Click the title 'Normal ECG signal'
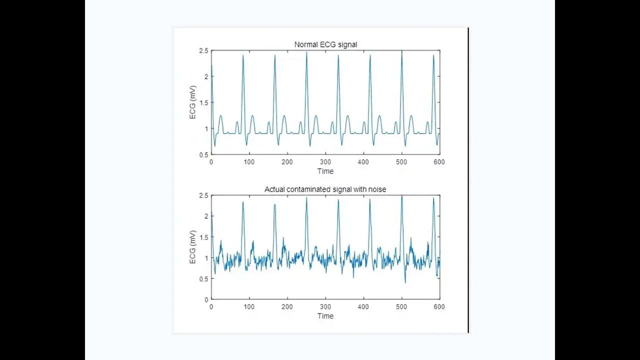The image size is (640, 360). (325, 44)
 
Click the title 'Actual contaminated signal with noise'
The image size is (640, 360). (325, 189)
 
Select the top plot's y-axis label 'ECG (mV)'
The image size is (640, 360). (193, 102)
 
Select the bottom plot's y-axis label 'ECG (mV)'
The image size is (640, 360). (193, 247)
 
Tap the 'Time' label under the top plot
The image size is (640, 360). (325, 171)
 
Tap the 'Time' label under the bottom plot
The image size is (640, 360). (325, 316)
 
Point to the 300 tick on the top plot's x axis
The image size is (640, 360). (325, 162)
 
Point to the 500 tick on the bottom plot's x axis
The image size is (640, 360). (401, 307)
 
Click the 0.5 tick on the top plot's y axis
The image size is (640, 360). (203, 155)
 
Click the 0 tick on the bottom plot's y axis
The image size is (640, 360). (206, 299)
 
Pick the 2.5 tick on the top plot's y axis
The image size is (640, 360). (203, 50)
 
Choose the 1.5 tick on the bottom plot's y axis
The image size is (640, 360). (203, 237)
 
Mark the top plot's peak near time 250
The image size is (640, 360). (306, 52)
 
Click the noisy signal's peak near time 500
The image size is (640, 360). (401, 196)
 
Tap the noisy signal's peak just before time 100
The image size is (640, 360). (243, 202)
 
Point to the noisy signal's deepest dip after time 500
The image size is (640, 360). (405, 282)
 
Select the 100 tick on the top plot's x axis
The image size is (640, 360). (249, 162)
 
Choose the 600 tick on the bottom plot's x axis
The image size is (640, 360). (439, 307)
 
